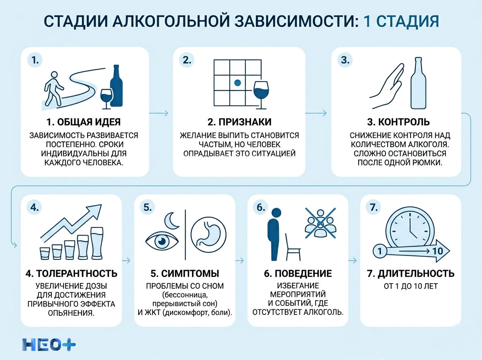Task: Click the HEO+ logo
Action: coord(49,344)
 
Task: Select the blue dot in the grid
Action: coord(237,83)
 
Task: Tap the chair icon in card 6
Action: coord(292,248)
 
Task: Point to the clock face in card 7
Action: coord(410,229)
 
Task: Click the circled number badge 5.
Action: coord(147,207)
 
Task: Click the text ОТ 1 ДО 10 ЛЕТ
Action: coord(410,286)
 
